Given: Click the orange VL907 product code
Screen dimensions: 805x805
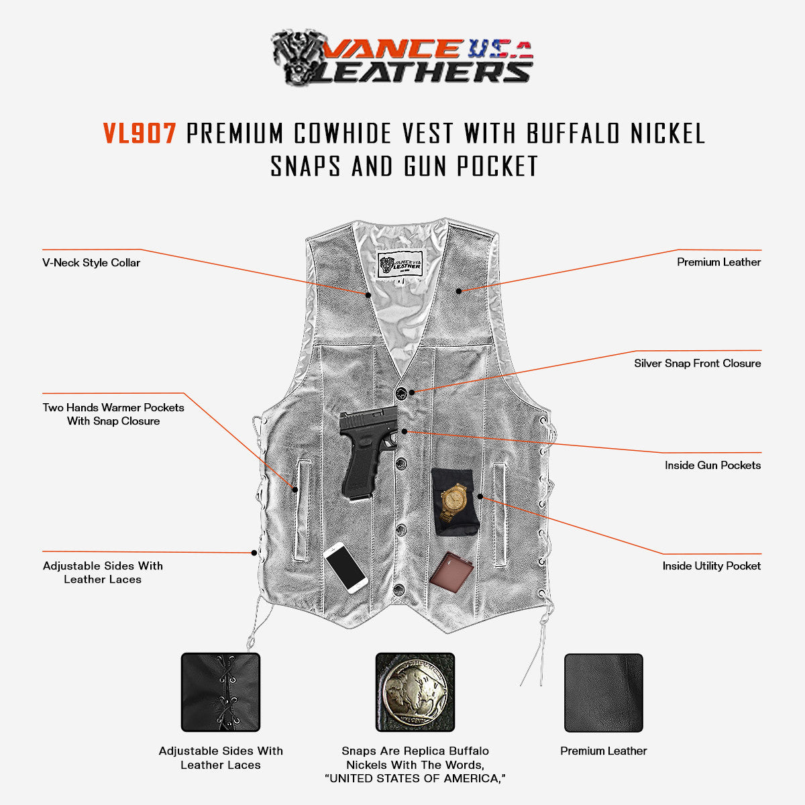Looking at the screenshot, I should (x=140, y=133).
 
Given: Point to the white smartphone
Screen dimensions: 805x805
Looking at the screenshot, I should (x=345, y=568).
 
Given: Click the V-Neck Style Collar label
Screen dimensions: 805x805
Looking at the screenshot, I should (x=91, y=263).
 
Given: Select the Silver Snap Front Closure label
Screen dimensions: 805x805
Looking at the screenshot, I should (x=697, y=364).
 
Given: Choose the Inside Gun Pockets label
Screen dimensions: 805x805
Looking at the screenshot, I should (x=712, y=466).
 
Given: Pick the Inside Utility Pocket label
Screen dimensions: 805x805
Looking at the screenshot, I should (x=711, y=566).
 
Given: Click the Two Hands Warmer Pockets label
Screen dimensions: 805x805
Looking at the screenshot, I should (x=113, y=414).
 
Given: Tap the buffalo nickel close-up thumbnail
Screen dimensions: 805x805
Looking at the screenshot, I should (x=415, y=692).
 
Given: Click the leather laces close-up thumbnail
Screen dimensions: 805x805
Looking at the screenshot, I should (x=221, y=692).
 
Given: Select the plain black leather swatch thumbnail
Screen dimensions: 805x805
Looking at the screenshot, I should (x=603, y=692).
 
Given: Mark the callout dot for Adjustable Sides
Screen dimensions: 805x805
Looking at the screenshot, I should (x=254, y=553).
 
